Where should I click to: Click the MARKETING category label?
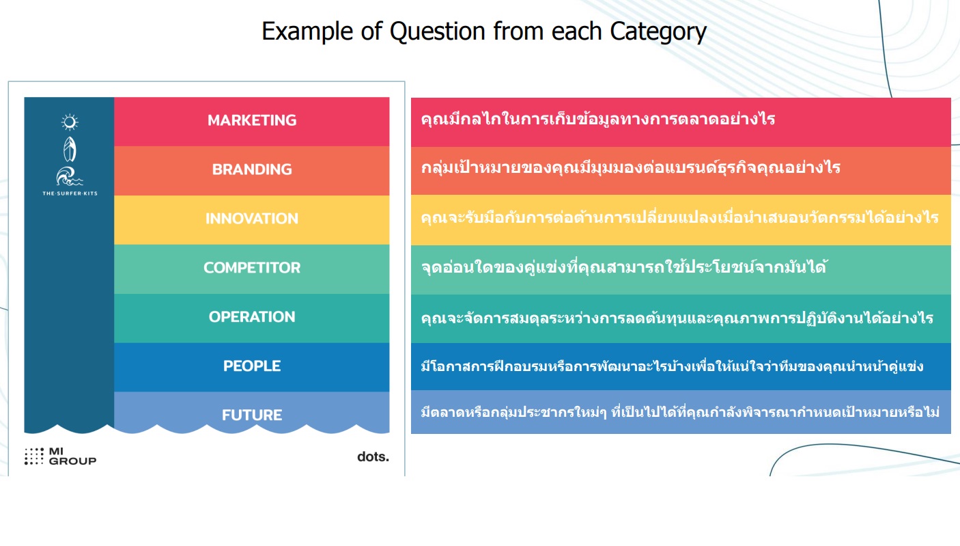click(252, 120)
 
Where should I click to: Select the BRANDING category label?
click(252, 169)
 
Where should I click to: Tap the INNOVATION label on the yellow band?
click(252, 219)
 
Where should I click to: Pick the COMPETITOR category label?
click(252, 268)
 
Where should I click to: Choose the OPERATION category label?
click(252, 317)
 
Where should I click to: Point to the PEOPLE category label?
click(252, 366)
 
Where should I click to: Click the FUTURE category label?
click(252, 415)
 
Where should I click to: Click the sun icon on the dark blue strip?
click(70, 122)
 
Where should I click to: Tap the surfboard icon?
click(70, 149)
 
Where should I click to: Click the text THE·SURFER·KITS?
click(70, 193)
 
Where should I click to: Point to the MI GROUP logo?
click(61, 456)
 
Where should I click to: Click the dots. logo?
click(373, 456)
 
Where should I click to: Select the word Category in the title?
click(658, 31)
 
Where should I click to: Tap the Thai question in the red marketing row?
click(598, 119)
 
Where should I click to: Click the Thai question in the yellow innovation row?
click(679, 218)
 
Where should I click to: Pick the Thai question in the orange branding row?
click(630, 167)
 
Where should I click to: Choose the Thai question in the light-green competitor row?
click(623, 267)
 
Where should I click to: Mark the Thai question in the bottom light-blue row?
click(680, 412)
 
